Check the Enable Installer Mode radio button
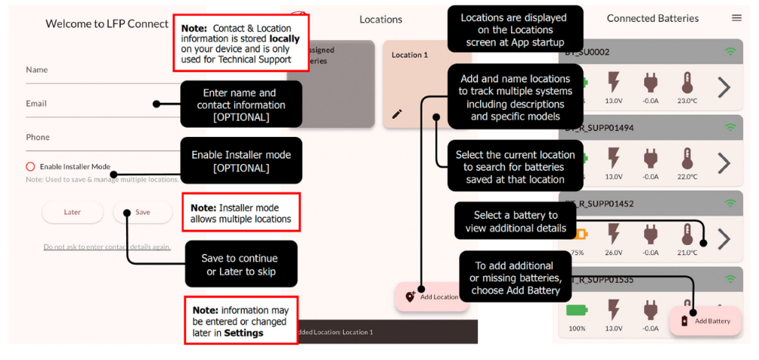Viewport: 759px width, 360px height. click(30, 166)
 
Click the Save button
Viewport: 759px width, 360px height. click(143, 213)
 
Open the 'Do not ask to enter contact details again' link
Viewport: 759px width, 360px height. click(107, 247)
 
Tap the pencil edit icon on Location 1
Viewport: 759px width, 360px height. click(397, 114)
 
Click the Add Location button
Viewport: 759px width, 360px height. click(432, 296)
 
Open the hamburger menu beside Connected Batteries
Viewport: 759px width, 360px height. click(736, 18)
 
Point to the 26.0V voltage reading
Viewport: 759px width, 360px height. click(613, 253)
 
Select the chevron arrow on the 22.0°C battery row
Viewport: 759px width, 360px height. click(723, 163)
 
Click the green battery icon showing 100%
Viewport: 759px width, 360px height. click(577, 310)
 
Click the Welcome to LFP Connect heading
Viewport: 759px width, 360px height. click(107, 23)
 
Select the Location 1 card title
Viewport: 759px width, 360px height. click(410, 55)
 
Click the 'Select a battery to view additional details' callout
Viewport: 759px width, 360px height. click(516, 222)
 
